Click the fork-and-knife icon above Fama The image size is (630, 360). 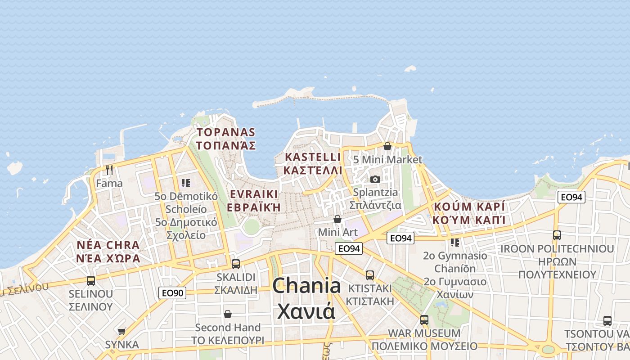(109, 170)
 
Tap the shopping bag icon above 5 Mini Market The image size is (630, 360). (387, 146)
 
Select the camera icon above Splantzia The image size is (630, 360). (375, 179)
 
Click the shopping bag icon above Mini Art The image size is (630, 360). (337, 219)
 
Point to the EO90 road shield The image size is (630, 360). (172, 293)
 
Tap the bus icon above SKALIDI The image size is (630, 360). (235, 264)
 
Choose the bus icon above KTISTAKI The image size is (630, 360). (369, 275)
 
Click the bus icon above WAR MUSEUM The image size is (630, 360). (424, 320)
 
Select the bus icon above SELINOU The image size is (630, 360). (90, 281)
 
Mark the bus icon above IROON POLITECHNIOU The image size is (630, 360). (557, 235)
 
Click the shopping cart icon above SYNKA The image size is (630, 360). (121, 332)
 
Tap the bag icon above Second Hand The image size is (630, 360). (228, 314)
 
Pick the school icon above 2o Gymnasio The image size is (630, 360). (455, 243)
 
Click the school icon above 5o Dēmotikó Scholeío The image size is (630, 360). (185, 183)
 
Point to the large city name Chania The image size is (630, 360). (306, 286)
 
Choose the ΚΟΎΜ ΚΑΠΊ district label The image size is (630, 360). (469, 220)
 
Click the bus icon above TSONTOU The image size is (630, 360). (607, 321)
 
